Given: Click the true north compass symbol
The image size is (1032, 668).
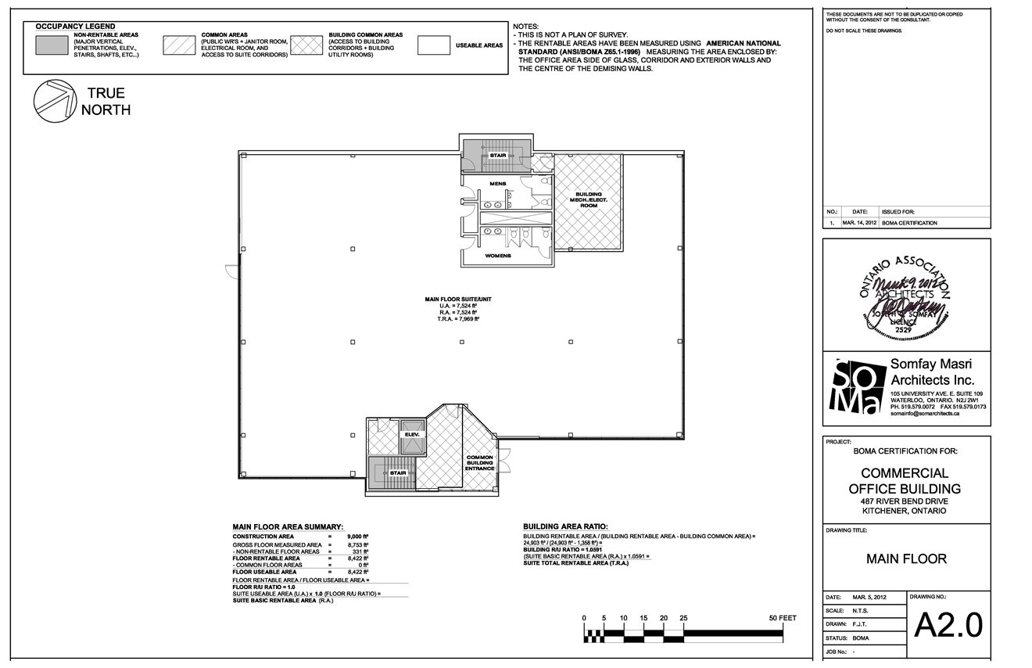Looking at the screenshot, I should pyautogui.click(x=54, y=101).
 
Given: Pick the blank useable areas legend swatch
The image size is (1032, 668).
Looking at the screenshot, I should pyautogui.click(x=433, y=45).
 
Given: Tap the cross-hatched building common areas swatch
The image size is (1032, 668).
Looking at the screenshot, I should pyautogui.click(x=306, y=45).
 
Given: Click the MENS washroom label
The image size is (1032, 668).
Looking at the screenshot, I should pyautogui.click(x=498, y=184).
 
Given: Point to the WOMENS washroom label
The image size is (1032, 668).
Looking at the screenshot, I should pyautogui.click(x=498, y=256).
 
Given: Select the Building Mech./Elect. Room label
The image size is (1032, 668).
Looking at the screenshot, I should pyautogui.click(x=589, y=199).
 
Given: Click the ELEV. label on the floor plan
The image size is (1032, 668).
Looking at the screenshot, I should pyautogui.click(x=412, y=434).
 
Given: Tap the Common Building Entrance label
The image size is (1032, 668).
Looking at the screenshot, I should pyautogui.click(x=479, y=462).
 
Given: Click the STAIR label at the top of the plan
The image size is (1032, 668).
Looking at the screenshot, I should pyautogui.click(x=498, y=156).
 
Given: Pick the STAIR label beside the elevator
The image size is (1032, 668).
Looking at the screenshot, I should pyautogui.click(x=398, y=473).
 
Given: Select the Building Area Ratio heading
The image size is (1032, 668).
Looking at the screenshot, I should pyautogui.click(x=565, y=527).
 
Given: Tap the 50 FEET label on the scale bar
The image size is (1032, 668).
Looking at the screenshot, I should pyautogui.click(x=783, y=618).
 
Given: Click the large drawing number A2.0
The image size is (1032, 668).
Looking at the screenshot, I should pyautogui.click(x=948, y=625).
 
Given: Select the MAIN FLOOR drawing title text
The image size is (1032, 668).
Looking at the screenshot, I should pyautogui.click(x=906, y=558).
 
